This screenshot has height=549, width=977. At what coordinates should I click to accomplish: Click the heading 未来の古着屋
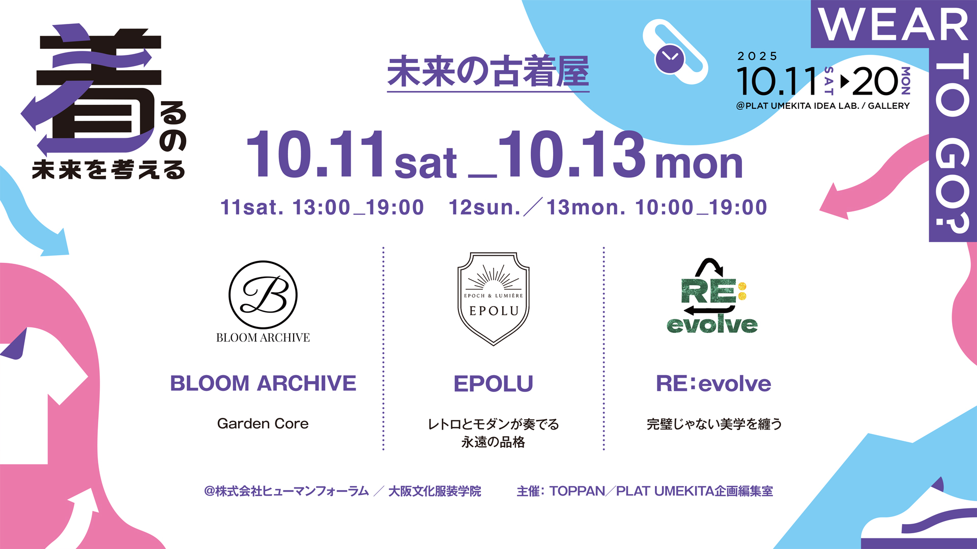[x=488, y=72]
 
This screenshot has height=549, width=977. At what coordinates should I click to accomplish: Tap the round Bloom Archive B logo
[x=263, y=295]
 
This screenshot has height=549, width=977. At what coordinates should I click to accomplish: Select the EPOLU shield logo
[x=494, y=299]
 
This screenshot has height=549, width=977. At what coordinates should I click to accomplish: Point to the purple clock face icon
[x=670, y=59]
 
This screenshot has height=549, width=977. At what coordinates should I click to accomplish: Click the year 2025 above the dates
[x=758, y=56]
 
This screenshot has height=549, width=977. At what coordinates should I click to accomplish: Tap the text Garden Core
[x=263, y=423]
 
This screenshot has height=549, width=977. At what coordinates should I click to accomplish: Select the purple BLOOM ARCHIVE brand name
[x=263, y=383]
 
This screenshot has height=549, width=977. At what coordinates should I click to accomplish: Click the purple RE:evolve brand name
[x=713, y=383]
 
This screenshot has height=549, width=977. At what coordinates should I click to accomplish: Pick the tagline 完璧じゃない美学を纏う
[x=714, y=424]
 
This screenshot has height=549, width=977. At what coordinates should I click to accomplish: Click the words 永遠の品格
[x=493, y=442]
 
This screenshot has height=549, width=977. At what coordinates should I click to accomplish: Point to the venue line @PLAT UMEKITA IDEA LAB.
[x=797, y=106]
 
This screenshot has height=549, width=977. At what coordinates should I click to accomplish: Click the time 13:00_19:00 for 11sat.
[x=358, y=207]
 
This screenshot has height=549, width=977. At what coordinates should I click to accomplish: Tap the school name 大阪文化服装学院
[x=435, y=491]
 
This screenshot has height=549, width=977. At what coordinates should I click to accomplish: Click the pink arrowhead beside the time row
[x=835, y=202]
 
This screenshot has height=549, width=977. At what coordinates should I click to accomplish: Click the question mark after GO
[x=952, y=219]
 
